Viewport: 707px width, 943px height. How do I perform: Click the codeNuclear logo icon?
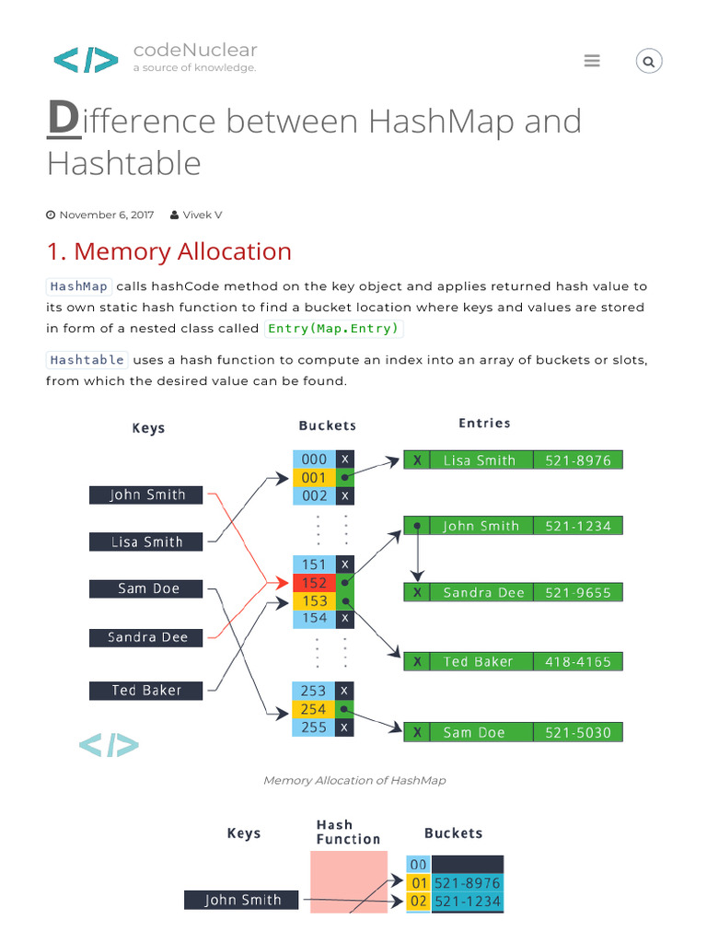[x=86, y=60]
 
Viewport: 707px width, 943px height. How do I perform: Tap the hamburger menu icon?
[x=592, y=61]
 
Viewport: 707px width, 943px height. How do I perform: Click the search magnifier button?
[x=649, y=62]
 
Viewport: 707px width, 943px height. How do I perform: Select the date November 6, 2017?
[x=106, y=215]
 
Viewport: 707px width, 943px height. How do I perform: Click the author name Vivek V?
[x=202, y=215]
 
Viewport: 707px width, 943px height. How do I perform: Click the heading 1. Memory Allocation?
[x=168, y=251]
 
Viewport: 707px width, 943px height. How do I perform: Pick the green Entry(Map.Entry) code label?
[x=333, y=329]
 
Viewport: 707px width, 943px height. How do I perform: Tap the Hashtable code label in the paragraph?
[x=87, y=359]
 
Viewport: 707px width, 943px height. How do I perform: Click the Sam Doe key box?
[x=147, y=588]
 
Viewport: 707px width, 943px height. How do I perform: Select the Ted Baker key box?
[x=147, y=690]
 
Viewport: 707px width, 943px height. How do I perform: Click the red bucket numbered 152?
[x=314, y=583]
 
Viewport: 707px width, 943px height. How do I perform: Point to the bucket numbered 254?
[x=314, y=709]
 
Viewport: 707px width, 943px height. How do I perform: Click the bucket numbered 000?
[x=314, y=460]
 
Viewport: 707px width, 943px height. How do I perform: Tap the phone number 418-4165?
[x=577, y=661]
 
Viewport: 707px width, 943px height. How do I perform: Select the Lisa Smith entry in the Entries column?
[x=479, y=460]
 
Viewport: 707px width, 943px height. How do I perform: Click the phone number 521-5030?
[x=577, y=732]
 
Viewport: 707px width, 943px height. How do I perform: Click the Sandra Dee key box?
[x=147, y=636]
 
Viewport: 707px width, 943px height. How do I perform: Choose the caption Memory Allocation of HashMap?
[x=354, y=780]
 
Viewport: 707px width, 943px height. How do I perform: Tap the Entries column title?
[x=484, y=423]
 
